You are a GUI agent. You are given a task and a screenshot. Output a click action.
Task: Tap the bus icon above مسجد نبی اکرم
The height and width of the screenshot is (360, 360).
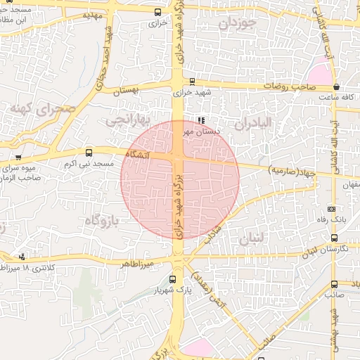[x=89, y=152]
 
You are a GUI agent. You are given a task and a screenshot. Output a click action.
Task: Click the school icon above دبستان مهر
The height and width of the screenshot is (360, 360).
[x=202, y=120]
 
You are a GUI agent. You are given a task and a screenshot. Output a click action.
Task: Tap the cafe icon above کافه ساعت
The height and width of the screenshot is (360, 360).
[x=337, y=88]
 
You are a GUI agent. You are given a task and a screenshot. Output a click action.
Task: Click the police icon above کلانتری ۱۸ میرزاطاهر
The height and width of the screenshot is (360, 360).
[x=23, y=257]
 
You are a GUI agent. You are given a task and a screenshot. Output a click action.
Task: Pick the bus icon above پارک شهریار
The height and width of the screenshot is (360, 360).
[x=173, y=278]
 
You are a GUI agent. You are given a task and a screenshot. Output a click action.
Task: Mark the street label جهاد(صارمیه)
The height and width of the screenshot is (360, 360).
[x=292, y=170]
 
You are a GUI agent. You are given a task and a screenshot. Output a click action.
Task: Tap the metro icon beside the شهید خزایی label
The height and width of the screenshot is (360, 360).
[x=192, y=80]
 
